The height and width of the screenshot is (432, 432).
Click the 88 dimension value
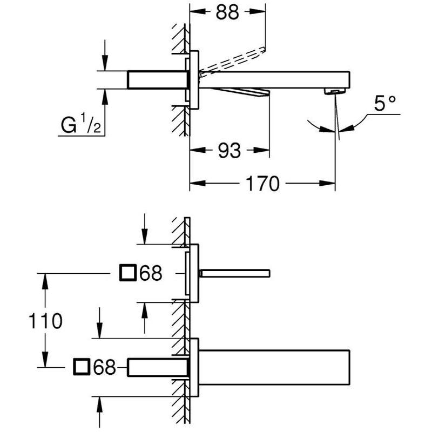point(227,12)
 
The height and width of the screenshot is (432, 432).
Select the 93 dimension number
point(230,151)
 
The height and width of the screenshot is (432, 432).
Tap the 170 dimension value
point(262,184)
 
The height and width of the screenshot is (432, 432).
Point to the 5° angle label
point(385,103)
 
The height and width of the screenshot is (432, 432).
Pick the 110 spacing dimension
point(45,321)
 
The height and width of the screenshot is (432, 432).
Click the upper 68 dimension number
point(151,273)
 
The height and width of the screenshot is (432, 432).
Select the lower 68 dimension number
point(104,367)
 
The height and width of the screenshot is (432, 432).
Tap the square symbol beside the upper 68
point(128,273)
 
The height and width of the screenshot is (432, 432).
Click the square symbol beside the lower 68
point(82,367)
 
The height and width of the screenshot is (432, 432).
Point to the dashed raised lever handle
point(233,60)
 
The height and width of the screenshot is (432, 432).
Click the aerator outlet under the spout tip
point(335,91)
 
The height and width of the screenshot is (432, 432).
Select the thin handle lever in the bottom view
point(234,273)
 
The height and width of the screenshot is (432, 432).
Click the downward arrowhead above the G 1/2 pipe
point(105,63)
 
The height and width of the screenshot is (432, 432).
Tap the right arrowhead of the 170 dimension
point(327,183)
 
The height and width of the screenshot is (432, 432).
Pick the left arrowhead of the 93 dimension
point(198,150)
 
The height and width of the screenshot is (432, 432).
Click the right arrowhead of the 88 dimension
point(258,11)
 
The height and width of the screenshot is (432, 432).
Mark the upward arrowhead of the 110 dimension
point(45,281)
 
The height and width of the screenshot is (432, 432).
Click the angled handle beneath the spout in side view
point(240,92)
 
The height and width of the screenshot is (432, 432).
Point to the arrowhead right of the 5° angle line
point(346,129)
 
